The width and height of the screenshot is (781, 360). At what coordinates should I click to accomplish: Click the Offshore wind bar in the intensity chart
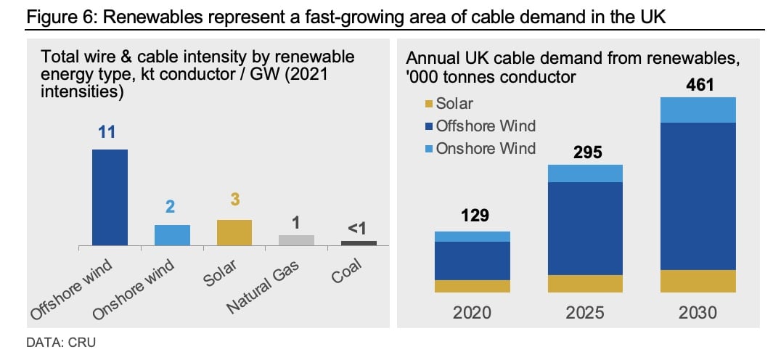[110, 197]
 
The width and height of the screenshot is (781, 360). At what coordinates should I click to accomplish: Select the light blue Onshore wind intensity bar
[172, 235]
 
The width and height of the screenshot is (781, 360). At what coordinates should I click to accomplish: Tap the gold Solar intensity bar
[234, 232]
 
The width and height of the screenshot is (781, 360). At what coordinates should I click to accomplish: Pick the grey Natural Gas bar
[296, 240]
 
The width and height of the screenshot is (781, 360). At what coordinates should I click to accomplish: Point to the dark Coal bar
[359, 243]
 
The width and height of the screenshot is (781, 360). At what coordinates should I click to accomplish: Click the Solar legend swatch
[430, 105]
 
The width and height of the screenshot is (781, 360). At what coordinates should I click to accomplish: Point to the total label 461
[699, 85]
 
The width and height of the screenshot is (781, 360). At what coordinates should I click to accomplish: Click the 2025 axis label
[585, 313]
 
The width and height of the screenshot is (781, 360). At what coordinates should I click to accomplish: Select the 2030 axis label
[698, 313]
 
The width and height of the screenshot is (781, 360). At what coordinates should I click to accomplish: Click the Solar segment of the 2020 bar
[473, 286]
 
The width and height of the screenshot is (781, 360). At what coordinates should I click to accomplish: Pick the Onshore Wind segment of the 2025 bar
[585, 173]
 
